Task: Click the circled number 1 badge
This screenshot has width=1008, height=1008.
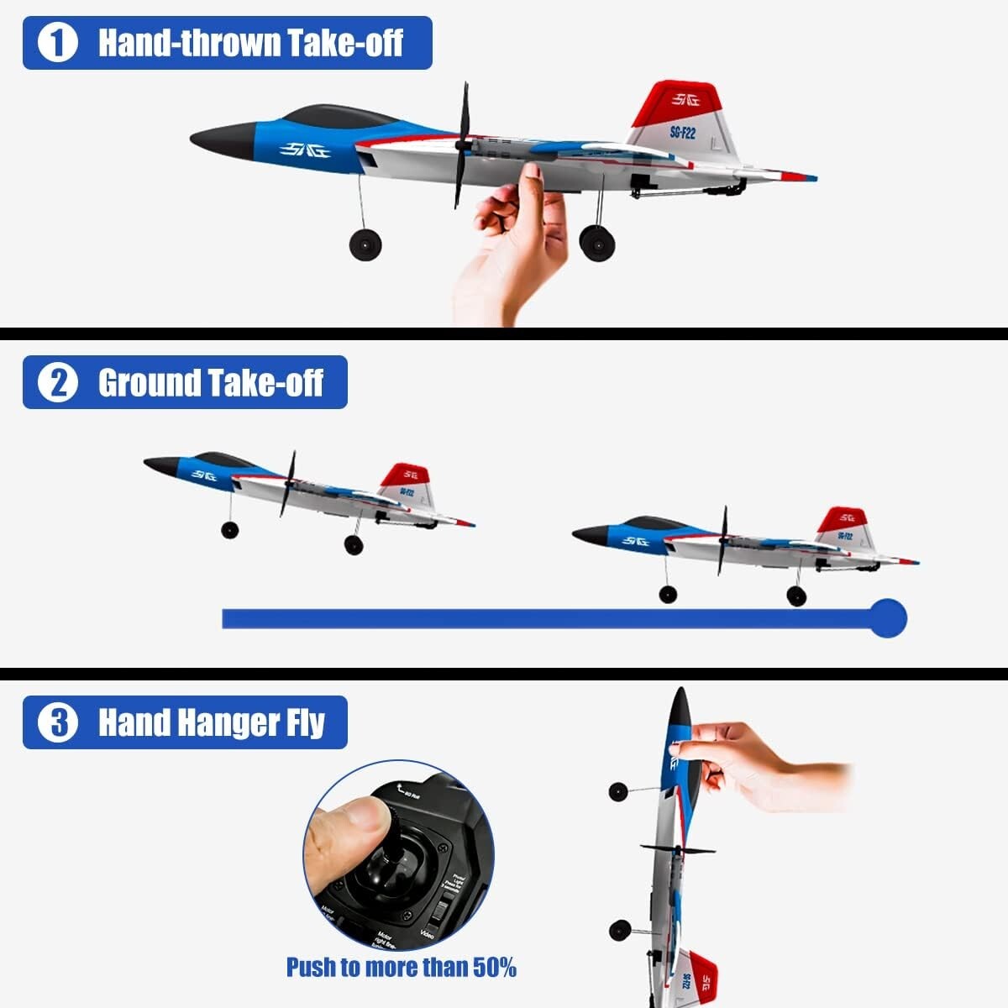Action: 58,43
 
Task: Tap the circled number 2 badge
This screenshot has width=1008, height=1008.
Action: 58,383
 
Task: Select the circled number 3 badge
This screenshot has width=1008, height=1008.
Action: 58,722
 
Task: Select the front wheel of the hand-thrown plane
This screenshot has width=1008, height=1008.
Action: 365,244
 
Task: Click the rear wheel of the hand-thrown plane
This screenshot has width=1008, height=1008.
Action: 597,243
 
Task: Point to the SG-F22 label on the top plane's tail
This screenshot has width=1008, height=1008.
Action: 682,132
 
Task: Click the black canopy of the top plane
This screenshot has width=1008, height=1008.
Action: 336,117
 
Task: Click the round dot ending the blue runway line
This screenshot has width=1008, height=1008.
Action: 887,619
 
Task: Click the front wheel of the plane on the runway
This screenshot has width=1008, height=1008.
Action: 668,595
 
